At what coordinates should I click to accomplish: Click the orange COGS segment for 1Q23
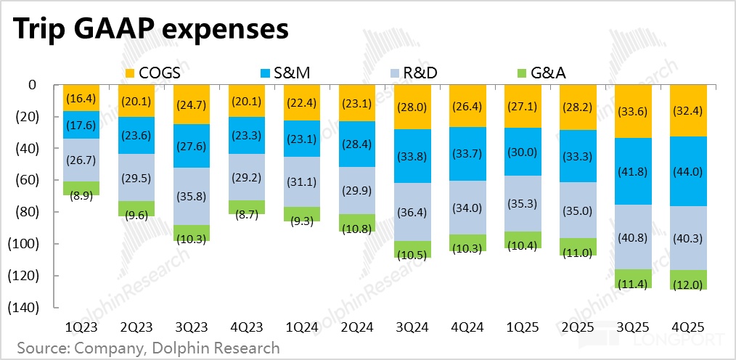pyautogui.click(x=82, y=98)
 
